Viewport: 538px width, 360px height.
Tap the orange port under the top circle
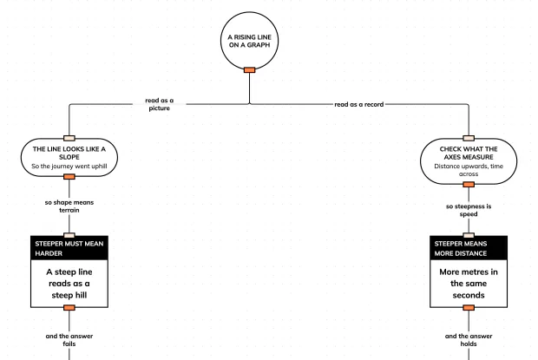(x=249, y=70)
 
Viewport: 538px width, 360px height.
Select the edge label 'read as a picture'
(x=159, y=104)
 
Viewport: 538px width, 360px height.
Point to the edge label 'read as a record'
(x=359, y=104)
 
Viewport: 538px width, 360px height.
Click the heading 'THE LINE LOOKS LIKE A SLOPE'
(x=69, y=153)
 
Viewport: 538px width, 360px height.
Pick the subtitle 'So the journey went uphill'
(x=69, y=167)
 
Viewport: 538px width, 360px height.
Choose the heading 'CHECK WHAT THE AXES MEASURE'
(x=469, y=153)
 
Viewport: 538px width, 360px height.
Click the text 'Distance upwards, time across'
(x=469, y=170)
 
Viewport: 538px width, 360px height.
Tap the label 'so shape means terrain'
(x=69, y=206)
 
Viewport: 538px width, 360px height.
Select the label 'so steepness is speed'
(x=469, y=210)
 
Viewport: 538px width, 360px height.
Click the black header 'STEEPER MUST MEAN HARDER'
(x=69, y=248)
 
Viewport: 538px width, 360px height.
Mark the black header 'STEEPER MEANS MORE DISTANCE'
(x=469, y=248)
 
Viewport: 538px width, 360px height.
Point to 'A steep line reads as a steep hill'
(x=69, y=284)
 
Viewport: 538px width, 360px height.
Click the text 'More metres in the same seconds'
(x=469, y=284)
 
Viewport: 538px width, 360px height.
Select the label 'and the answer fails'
(x=69, y=340)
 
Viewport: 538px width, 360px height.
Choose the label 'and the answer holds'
(x=469, y=340)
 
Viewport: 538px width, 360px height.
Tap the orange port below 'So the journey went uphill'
(x=69, y=177)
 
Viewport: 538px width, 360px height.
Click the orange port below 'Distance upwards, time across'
(x=469, y=185)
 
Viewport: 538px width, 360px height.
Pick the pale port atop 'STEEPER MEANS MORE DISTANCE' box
(x=469, y=236)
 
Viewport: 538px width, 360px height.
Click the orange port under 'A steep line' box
(x=69, y=308)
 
